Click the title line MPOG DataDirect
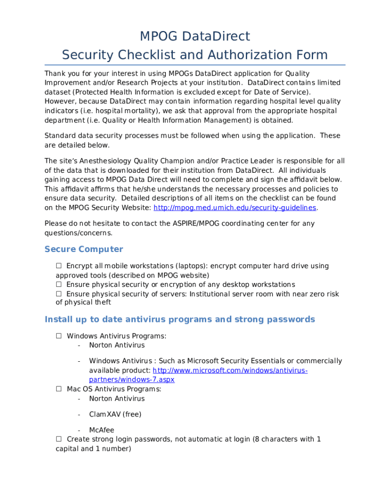[195, 36]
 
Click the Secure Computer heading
[84, 249]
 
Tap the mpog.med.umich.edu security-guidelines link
[235, 208]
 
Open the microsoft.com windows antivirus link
[230, 370]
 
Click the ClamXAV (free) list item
[115, 414]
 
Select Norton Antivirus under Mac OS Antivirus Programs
[117, 399]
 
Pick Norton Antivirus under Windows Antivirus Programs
[117, 346]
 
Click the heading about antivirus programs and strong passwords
[180, 319]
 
